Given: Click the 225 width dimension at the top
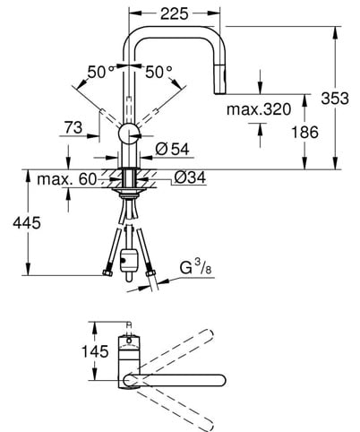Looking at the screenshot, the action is point(175,13).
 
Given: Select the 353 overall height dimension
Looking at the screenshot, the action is point(335,99).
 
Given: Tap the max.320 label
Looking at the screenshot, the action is point(259,109).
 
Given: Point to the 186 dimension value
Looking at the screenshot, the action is point(304,132).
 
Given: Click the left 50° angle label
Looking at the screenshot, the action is point(100,72).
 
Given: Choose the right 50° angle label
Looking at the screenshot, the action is point(159,72).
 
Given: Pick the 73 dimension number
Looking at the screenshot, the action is point(73,128).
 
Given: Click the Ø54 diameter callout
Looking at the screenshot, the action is point(172,149).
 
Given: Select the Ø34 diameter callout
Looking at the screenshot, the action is point(190,177).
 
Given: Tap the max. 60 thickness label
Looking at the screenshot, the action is point(67,179).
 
